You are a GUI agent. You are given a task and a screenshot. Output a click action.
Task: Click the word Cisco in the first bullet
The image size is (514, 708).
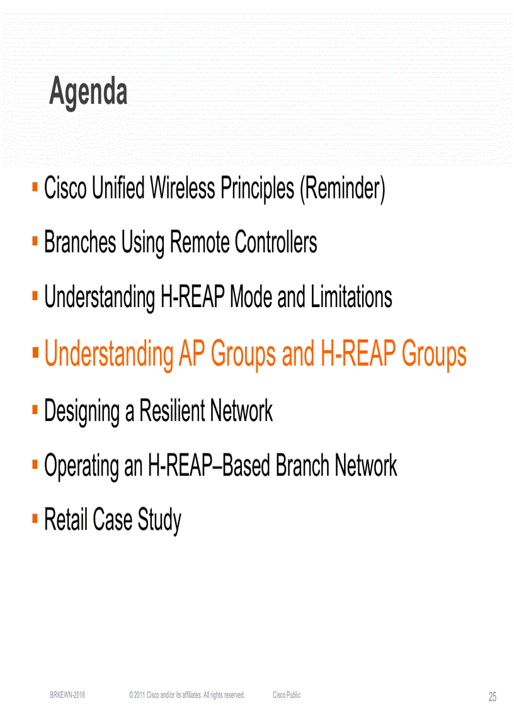(x=65, y=189)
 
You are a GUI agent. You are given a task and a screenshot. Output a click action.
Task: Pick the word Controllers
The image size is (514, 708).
(x=276, y=243)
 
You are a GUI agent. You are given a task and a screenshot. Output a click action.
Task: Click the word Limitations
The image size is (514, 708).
(x=351, y=297)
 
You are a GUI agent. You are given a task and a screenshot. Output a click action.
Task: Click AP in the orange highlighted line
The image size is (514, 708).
(x=191, y=354)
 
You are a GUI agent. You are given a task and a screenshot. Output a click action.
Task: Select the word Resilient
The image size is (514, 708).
(x=171, y=412)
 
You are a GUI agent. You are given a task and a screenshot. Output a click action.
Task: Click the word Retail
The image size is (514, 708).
(x=65, y=520)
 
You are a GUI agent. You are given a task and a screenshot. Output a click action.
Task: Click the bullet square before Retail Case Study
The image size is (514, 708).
(x=35, y=519)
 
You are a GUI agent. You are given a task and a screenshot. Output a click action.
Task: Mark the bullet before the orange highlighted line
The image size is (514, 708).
(x=35, y=351)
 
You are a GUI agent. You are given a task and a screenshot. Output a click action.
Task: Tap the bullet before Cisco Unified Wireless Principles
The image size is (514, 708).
(x=35, y=187)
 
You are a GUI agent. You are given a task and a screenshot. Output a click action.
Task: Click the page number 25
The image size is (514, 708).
(x=492, y=697)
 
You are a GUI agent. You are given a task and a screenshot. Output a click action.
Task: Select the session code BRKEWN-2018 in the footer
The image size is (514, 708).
(x=67, y=695)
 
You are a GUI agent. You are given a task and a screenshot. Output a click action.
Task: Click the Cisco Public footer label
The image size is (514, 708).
(x=287, y=695)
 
